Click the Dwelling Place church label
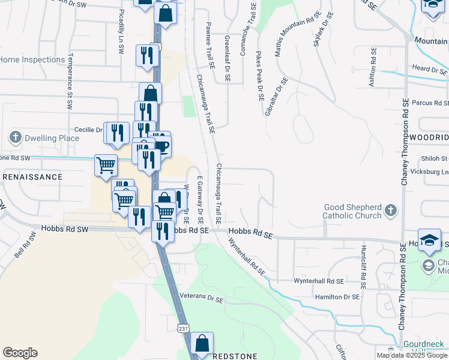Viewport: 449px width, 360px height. click(52, 138)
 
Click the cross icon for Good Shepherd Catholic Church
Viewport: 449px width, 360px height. click(391, 210)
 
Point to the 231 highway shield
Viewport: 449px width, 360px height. click(183, 328)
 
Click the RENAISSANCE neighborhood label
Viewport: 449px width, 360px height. click(32, 177)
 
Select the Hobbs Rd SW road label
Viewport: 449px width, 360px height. click(65, 229)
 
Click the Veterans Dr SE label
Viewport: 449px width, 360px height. click(201, 296)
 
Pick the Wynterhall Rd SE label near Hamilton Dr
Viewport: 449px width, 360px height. click(319, 281)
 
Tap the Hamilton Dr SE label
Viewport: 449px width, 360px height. click(337, 296)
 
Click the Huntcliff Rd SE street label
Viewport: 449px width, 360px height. click(363, 265)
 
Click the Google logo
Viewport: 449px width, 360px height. click(20, 353)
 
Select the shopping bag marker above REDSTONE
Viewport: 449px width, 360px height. click(202, 344)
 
